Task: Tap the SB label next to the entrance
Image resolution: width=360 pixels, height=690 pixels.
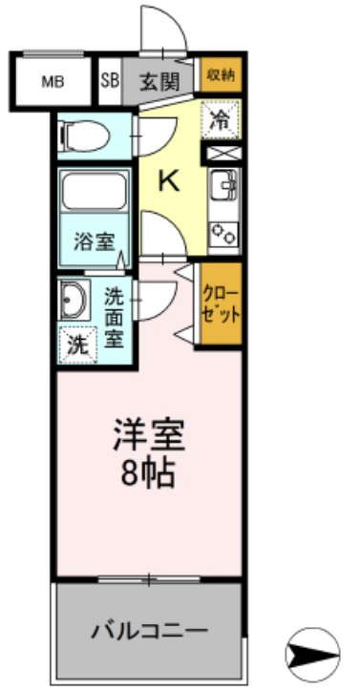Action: click(109, 82)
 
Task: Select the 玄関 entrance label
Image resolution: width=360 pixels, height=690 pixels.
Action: click(159, 82)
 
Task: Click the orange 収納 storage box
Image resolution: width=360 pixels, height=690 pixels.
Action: click(221, 74)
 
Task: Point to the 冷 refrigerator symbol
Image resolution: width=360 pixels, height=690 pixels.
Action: click(221, 120)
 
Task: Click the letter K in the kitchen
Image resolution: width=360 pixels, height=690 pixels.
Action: click(170, 181)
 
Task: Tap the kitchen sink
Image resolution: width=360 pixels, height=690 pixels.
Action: click(223, 184)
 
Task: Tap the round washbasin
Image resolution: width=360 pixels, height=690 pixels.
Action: click(73, 302)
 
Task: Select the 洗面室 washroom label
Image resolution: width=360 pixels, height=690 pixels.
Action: click(115, 317)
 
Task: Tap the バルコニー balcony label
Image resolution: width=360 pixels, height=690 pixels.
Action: click(149, 631)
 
